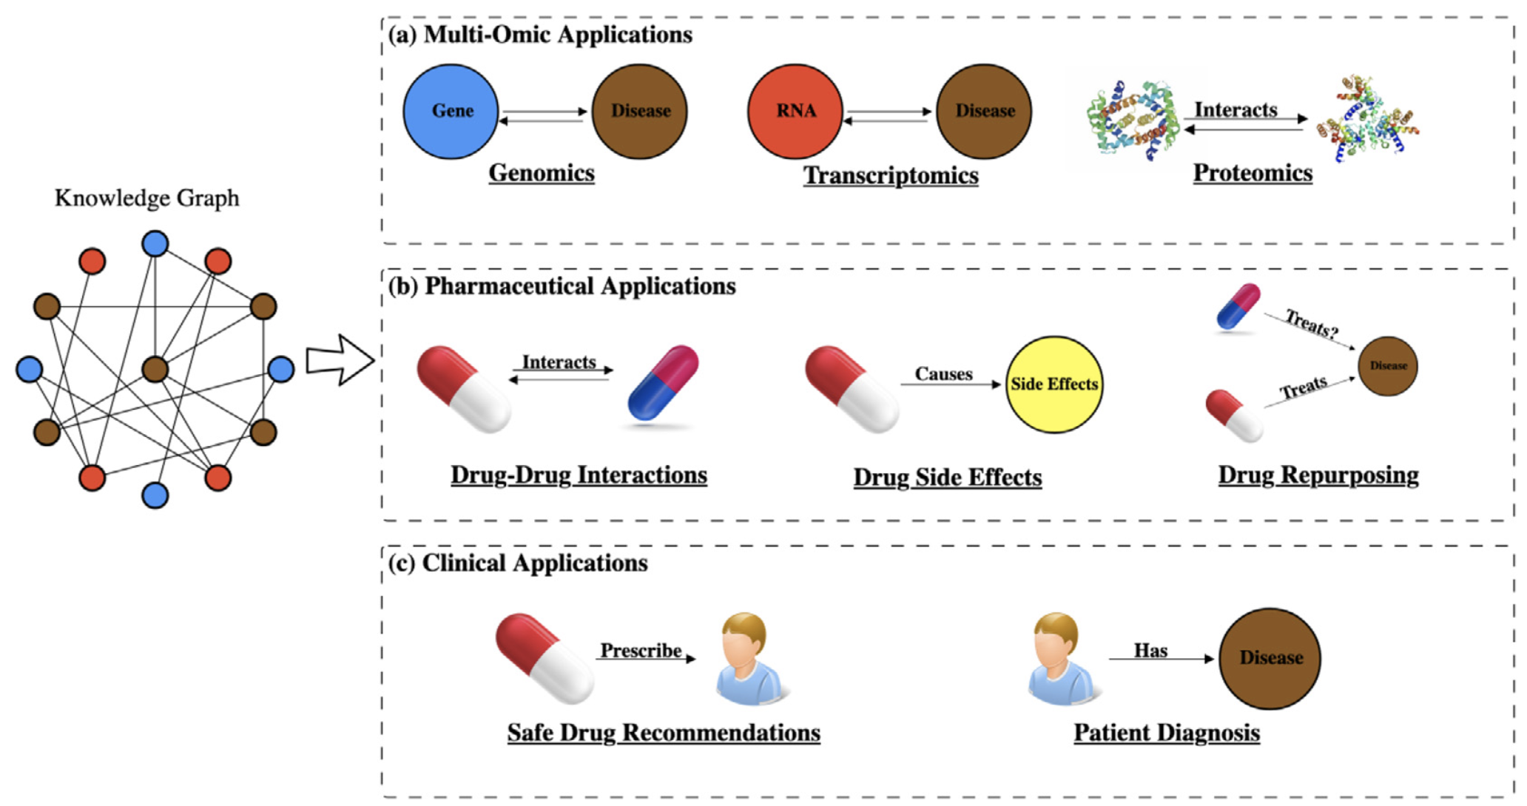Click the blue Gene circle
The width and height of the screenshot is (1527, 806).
(451, 112)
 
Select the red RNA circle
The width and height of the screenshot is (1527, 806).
(795, 112)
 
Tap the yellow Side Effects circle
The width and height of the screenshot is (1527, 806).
(1054, 385)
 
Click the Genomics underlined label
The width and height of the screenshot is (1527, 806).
(542, 173)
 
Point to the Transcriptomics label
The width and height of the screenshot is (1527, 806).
(891, 176)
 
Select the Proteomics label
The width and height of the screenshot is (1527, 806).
(1253, 173)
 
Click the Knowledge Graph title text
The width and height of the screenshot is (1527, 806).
(147, 198)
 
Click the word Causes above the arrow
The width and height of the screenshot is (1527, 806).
(943, 374)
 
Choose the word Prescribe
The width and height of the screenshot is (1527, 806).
(641, 651)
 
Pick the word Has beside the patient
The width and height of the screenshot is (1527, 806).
(1150, 651)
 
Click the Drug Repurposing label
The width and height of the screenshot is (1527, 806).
(1318, 475)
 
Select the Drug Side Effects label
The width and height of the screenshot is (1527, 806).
(948, 478)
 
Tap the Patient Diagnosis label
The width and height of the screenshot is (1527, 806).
(1167, 733)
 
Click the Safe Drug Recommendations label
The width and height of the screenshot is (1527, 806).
(664, 733)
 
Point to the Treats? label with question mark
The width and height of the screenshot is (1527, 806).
(1312, 324)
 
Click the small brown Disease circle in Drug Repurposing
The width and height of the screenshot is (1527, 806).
(1388, 366)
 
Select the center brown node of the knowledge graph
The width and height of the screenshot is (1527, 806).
(155, 369)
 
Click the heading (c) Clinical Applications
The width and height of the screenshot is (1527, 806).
(518, 563)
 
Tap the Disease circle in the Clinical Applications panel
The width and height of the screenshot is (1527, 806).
(1270, 658)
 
